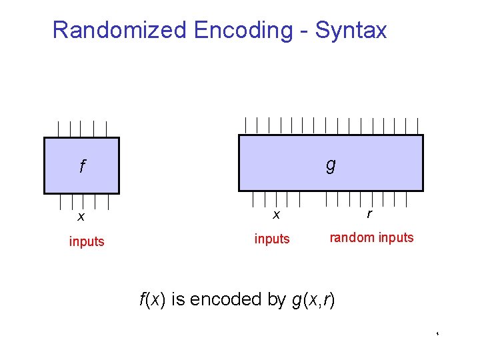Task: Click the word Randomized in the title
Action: (x=120, y=30)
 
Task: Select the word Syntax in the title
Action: (x=351, y=30)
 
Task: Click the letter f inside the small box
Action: (x=81, y=167)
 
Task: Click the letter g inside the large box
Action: (x=331, y=165)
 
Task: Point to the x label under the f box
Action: (x=81, y=216)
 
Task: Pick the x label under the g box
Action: (x=275, y=214)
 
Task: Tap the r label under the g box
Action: (x=369, y=214)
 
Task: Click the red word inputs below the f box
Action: (x=87, y=241)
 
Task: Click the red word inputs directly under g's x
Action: (x=272, y=239)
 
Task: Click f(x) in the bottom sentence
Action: (x=152, y=299)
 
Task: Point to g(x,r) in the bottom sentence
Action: (x=313, y=299)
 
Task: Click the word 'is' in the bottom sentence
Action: (x=178, y=299)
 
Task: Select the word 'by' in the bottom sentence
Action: (x=276, y=299)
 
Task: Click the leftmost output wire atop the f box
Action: (x=57, y=129)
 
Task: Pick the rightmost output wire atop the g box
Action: (x=417, y=125)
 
